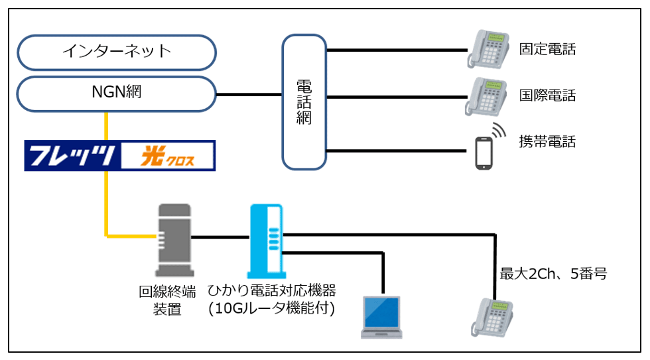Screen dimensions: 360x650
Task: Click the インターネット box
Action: click(x=117, y=51)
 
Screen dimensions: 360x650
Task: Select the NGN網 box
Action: click(x=117, y=93)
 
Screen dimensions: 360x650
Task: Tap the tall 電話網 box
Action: click(x=304, y=101)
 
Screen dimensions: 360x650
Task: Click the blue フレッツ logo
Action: click(x=72, y=156)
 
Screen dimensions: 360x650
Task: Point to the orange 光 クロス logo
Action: click(x=168, y=156)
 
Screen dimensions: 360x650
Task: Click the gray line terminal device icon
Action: click(x=173, y=239)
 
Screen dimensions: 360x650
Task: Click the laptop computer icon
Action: click(x=383, y=318)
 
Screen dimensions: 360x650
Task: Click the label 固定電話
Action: click(x=547, y=49)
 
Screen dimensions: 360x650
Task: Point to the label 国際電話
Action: click(x=547, y=95)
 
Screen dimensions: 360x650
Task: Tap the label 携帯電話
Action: click(x=547, y=141)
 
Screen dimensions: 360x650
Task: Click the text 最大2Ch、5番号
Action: click(x=552, y=273)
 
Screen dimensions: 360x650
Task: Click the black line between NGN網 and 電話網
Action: click(x=249, y=95)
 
